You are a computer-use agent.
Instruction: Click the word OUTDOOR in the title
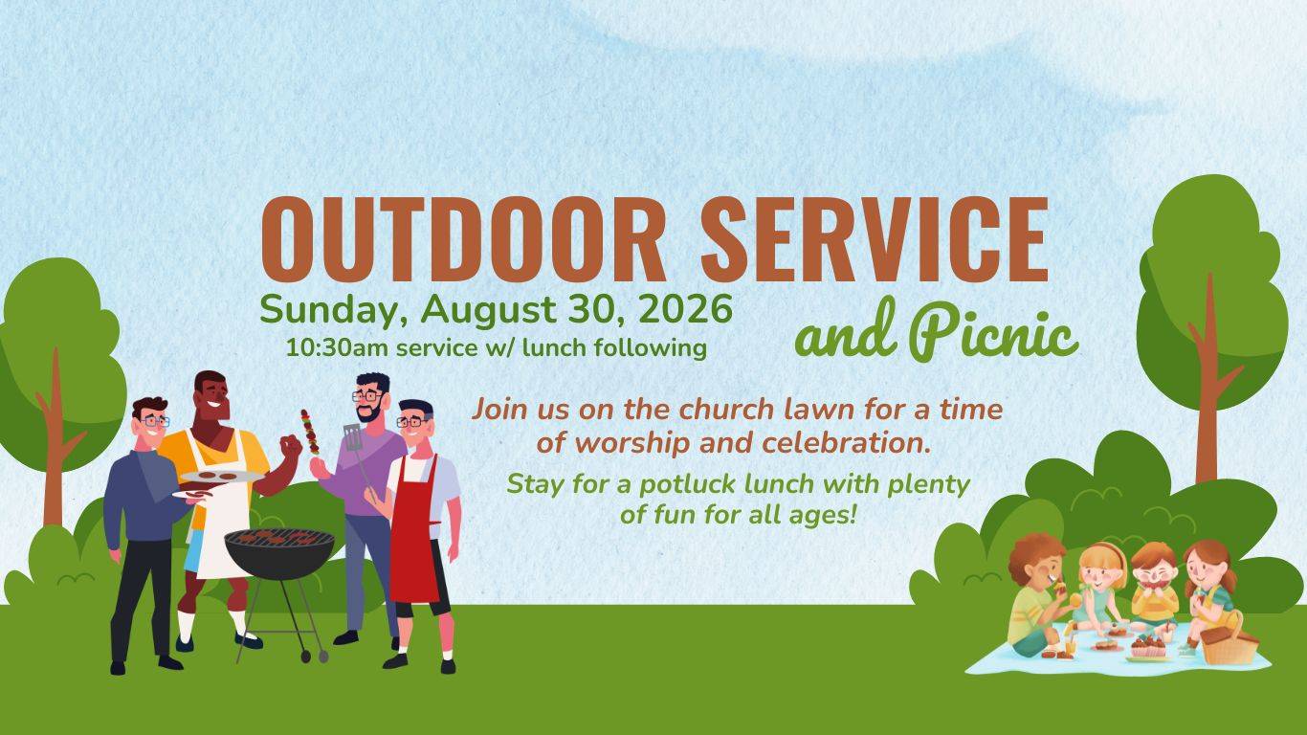point(464,240)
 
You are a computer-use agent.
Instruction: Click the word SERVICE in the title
point(875,240)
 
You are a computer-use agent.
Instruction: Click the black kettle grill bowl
point(279,553)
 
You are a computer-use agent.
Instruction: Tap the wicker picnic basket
point(1229,640)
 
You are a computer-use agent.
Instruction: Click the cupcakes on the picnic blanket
point(1148,646)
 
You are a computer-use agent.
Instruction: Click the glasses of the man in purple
point(367,396)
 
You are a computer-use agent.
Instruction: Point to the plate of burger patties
point(221,477)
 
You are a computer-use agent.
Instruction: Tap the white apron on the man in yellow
point(221,514)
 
